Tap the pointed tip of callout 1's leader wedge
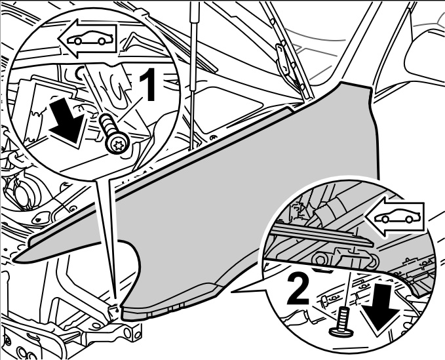[117, 303]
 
